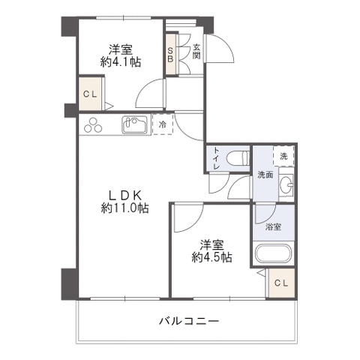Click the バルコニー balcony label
[x=189, y=321]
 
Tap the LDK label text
[x=124, y=195]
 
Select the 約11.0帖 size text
[x=124, y=208]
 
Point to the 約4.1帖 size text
[x=121, y=62]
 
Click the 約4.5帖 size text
[x=211, y=257]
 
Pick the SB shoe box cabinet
[x=171, y=54]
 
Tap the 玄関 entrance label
[x=196, y=51]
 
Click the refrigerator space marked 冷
[x=163, y=124]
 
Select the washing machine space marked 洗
[x=283, y=156]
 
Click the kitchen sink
[x=134, y=124]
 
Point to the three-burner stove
[x=93, y=125]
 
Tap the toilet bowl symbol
[x=238, y=157]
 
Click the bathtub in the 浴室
[x=273, y=253]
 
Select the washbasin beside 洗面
[x=286, y=185]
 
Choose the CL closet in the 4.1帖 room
[x=90, y=94]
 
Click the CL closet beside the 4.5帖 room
[x=281, y=283]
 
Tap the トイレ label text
[x=217, y=158]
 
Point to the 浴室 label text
[x=273, y=227]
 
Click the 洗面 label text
[x=265, y=175]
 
